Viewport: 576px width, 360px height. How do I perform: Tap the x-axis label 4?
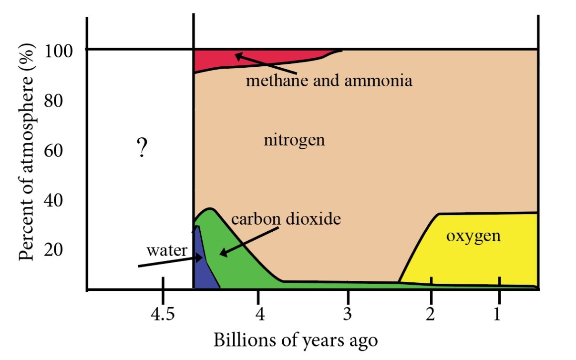(x=258, y=314)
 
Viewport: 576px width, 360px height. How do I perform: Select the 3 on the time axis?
(x=348, y=314)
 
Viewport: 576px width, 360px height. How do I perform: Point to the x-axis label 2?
(x=431, y=314)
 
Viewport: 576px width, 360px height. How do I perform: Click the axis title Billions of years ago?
(x=296, y=341)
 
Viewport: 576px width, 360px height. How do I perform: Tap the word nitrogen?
(x=294, y=140)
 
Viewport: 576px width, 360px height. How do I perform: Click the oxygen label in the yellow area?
(x=473, y=236)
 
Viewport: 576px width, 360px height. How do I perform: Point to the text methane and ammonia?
(x=329, y=81)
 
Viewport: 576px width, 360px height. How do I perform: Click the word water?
(x=167, y=250)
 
